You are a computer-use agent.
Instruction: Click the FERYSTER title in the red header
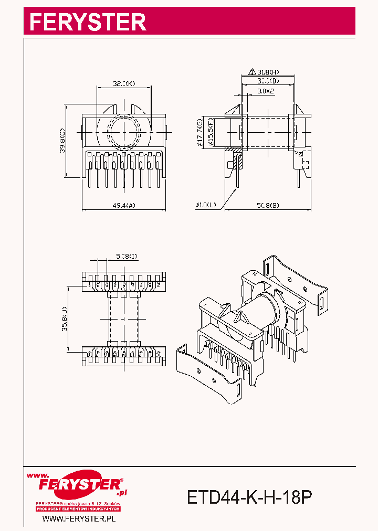[x=87, y=22]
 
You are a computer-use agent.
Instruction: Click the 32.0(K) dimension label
[x=124, y=83]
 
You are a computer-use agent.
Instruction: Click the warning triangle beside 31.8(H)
[x=252, y=71]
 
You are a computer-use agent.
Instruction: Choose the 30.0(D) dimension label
[x=268, y=81]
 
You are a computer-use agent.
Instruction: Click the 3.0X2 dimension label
[x=266, y=91]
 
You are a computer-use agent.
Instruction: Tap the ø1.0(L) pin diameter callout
[x=206, y=205]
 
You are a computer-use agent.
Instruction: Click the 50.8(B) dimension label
[x=268, y=206]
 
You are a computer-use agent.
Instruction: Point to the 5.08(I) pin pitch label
[x=127, y=256]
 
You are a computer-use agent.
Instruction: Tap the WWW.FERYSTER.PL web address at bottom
[x=78, y=518]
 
